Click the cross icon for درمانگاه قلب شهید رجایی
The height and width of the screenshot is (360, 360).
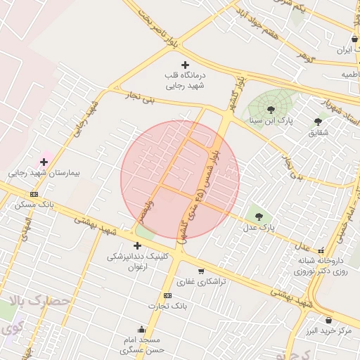point(185,65)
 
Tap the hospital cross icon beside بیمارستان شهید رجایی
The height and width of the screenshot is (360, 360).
point(44,162)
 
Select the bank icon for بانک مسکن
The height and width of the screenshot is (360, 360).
point(34,194)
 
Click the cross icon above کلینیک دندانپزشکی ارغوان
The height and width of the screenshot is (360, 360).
point(137,245)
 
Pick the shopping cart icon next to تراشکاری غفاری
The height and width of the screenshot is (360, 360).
point(201,271)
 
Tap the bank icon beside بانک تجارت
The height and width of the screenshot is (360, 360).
point(167,295)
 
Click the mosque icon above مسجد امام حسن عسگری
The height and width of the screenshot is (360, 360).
point(141,328)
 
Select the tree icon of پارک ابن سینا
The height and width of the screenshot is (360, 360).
point(271,109)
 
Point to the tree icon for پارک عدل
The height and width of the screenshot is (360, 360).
point(259,217)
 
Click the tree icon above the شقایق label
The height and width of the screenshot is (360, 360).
point(318,122)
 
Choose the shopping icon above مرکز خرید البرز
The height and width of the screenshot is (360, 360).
point(328,320)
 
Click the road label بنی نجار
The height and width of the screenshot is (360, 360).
point(139,96)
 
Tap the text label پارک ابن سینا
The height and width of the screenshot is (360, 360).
point(271,120)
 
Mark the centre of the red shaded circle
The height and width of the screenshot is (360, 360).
point(180,180)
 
